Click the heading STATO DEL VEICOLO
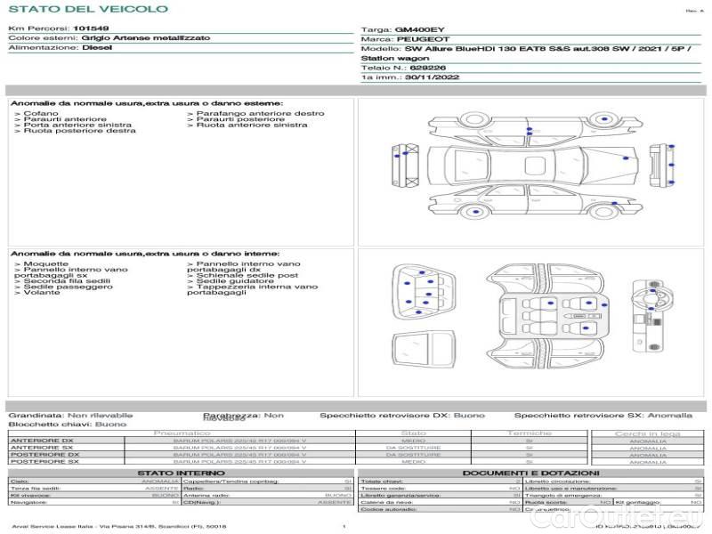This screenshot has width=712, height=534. point(87,9)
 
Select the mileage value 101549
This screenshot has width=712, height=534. point(91,28)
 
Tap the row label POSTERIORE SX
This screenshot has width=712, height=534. point(44,462)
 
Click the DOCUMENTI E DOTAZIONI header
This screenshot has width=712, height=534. point(530,473)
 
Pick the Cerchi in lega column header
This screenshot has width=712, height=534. point(648,433)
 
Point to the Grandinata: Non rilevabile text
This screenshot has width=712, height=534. point(70,416)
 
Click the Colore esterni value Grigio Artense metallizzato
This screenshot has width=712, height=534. point(146,38)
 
